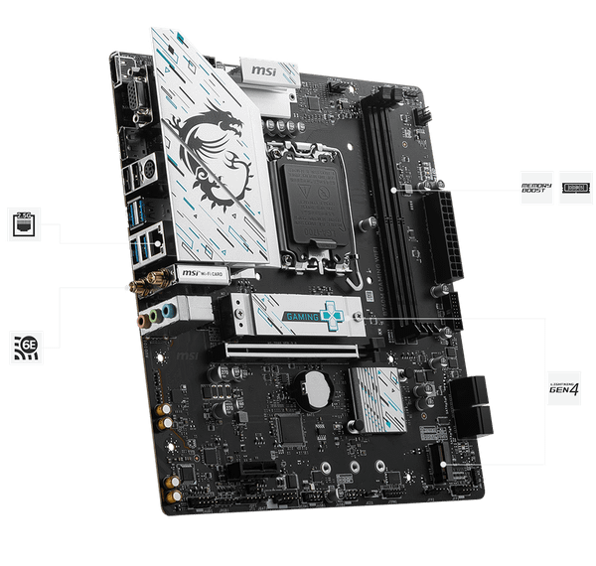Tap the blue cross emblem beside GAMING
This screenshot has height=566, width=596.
coord(333,315)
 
